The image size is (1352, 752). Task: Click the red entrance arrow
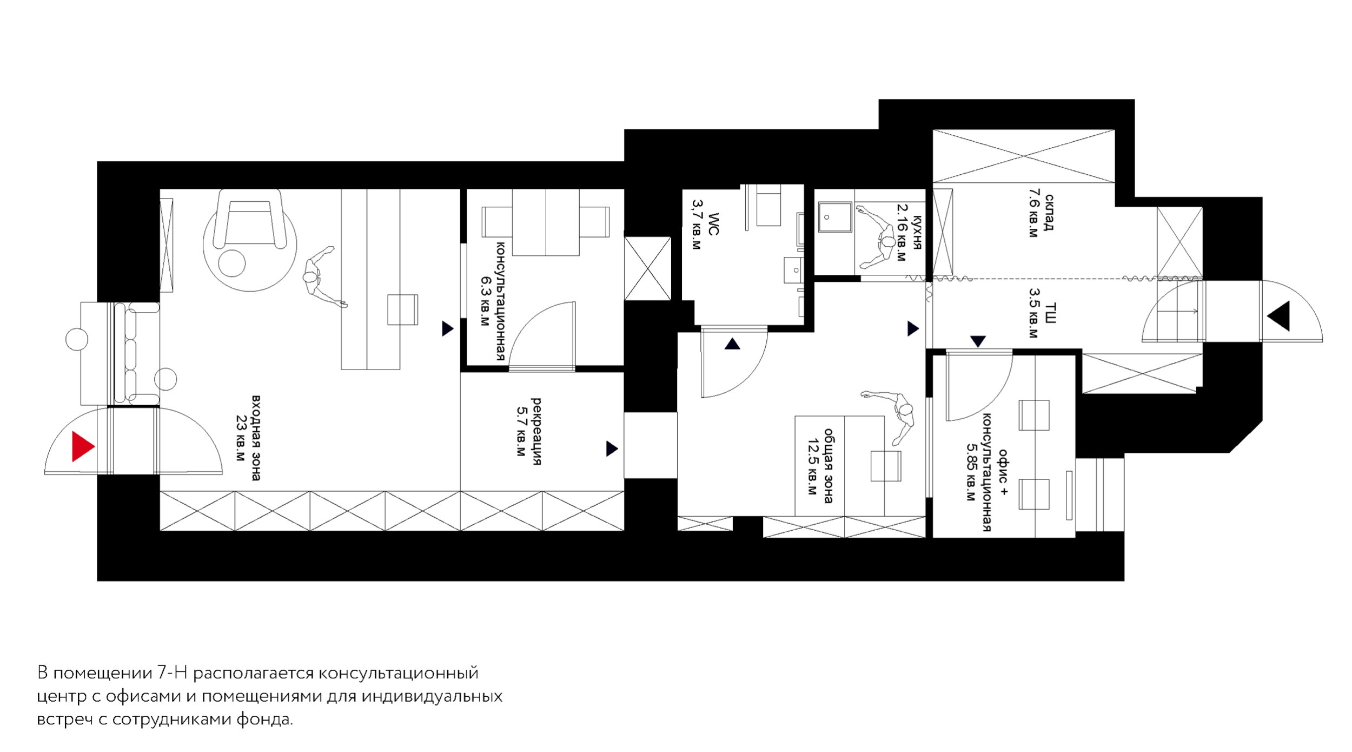pyautogui.click(x=83, y=446)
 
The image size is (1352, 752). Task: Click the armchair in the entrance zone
pyautogui.click(x=249, y=219)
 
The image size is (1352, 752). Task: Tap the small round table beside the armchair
pyautogui.click(x=232, y=263)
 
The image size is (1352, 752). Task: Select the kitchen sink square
pyautogui.click(x=835, y=217)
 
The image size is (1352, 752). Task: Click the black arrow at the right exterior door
pyautogui.click(x=1280, y=316)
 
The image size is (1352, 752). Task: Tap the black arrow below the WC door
pyautogui.click(x=732, y=344)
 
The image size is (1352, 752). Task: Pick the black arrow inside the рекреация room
pyautogui.click(x=612, y=448)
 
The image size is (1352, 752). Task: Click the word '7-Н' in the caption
pyautogui.click(x=172, y=673)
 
